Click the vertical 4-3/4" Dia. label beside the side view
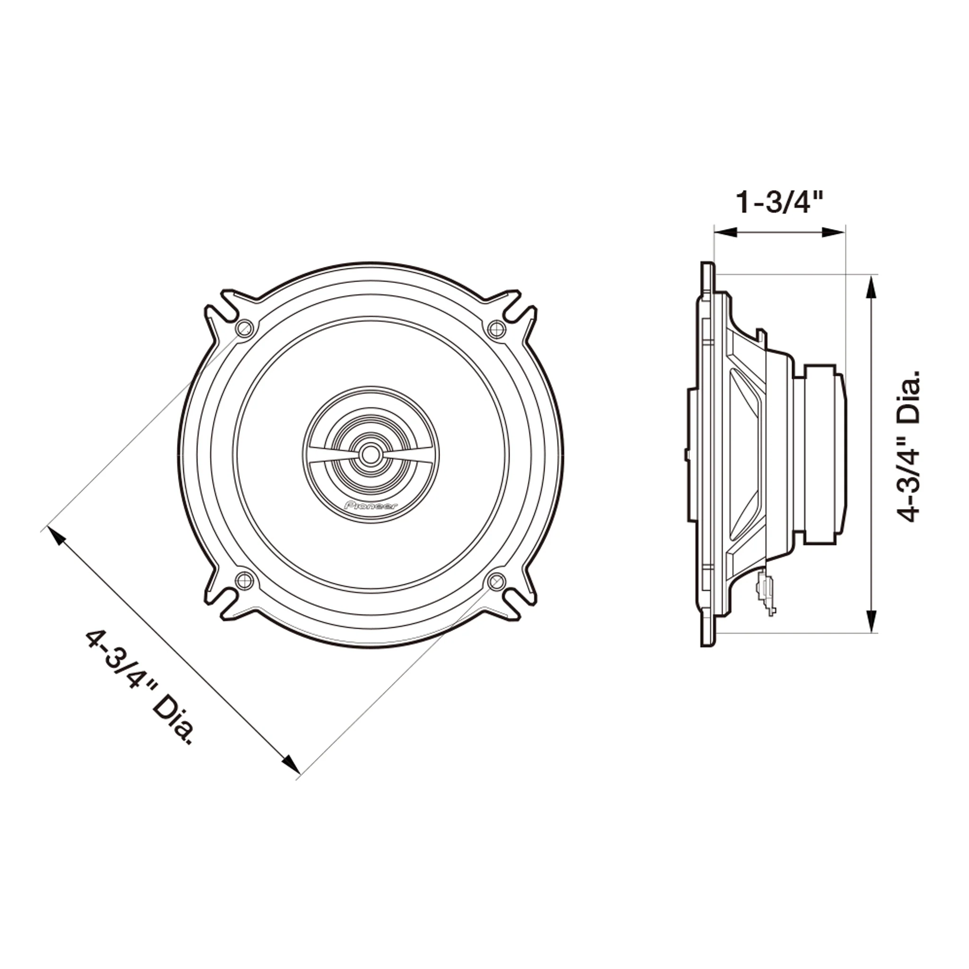pyautogui.click(x=908, y=447)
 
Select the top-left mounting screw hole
pyautogui.click(x=244, y=329)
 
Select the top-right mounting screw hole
pyautogui.click(x=496, y=329)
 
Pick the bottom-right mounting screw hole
pyautogui.click(x=496, y=581)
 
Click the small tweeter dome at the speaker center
pyautogui.click(x=370, y=454)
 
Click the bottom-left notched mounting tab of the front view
pyautogui.click(x=223, y=599)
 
